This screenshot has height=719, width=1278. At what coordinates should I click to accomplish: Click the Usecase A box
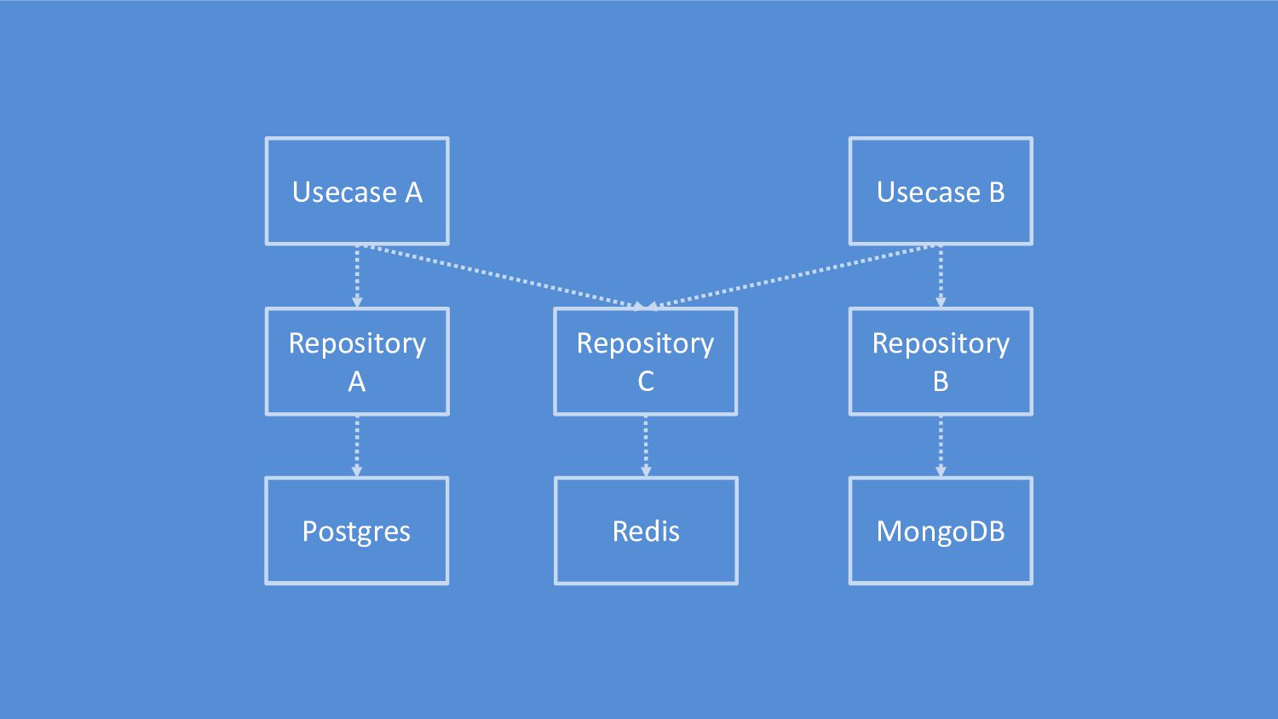pos(357,191)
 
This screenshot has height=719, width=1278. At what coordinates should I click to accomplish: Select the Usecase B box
pos(941,191)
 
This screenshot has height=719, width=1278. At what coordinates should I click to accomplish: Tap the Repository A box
pos(357,362)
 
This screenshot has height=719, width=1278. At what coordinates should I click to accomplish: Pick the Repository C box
pos(645,362)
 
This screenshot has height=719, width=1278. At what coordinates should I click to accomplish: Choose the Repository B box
pos(941,362)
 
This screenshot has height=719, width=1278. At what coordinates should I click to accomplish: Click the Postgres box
pos(357,531)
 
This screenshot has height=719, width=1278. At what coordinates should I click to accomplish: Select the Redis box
pos(646,531)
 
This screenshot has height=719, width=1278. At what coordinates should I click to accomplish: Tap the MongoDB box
pos(941,531)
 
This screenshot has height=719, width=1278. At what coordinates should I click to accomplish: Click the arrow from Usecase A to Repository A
pos(357,277)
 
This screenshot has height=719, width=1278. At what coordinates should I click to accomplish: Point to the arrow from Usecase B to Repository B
pos(941,277)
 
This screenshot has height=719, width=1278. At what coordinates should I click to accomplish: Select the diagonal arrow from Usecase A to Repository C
pos(504,278)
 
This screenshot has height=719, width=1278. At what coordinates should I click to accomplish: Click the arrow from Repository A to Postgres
pos(357,446)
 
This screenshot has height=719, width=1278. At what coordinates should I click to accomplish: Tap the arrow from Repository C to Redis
pos(646,446)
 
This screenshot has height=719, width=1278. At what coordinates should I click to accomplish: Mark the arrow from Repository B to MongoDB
pos(941,446)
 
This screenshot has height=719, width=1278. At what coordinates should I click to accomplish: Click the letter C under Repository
pos(645,381)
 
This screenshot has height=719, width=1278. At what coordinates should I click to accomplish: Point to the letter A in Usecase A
pos(414,193)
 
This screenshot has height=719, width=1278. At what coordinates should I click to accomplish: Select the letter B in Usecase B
pos(997,193)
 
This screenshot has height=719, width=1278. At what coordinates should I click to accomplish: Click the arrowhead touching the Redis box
pos(646,471)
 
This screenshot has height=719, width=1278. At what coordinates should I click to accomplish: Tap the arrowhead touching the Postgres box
pos(357,471)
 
